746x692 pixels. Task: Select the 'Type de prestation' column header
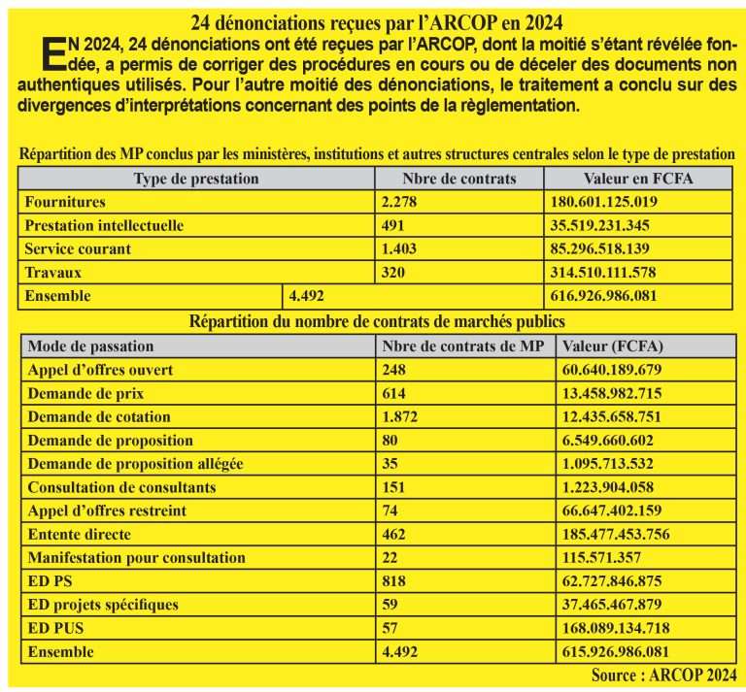tap(195, 179)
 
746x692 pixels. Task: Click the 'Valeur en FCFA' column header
tap(638, 179)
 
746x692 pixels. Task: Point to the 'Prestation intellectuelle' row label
tap(104, 225)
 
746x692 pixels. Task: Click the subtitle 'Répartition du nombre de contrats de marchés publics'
tap(378, 320)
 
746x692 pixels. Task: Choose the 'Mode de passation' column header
tap(90, 346)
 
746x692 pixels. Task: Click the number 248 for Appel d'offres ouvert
tap(394, 370)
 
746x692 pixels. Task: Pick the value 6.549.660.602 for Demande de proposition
tap(606, 440)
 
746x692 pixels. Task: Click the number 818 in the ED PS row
tap(394, 581)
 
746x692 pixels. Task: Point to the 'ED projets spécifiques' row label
tap(103, 605)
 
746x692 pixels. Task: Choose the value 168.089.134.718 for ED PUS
tap(615, 628)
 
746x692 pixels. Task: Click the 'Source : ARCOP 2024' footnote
tap(662, 674)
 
